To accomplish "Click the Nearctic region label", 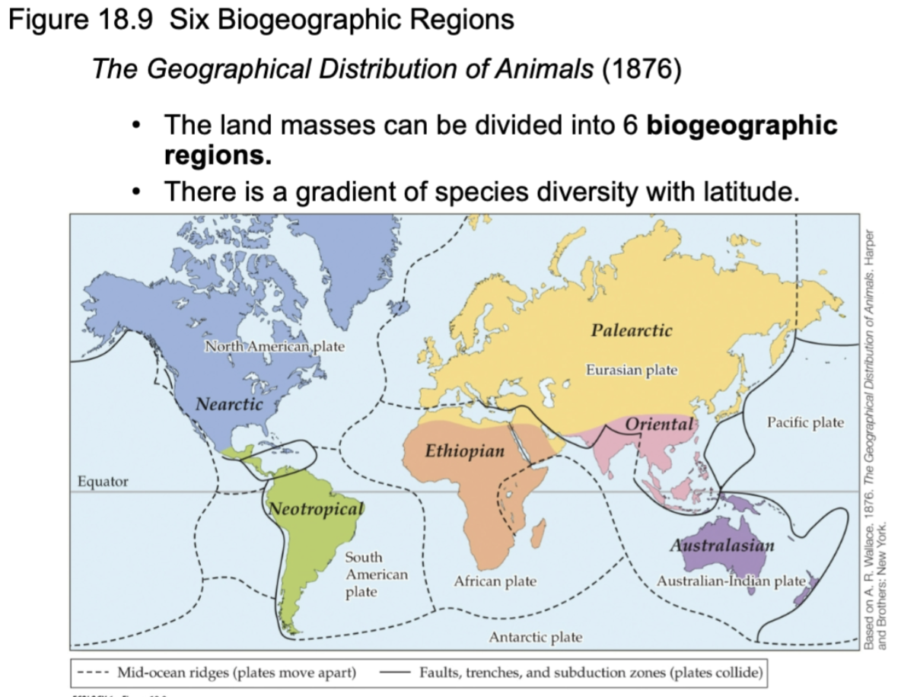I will tap(229, 404).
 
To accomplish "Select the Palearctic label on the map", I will tap(632, 330).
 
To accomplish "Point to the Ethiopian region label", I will tap(464, 450).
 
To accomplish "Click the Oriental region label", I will tap(660, 424).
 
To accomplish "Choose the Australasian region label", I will tap(722, 545).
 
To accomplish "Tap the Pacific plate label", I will tap(805, 422).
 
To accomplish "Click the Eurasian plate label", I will tap(632, 370).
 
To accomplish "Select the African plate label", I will tap(495, 581).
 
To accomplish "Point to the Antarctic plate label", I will tap(535, 637).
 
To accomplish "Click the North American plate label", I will tap(274, 347).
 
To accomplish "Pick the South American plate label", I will tap(376, 574).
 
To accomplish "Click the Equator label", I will tap(103, 481).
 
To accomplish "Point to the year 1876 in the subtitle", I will tap(641, 69).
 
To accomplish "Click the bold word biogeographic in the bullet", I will tap(742, 125).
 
